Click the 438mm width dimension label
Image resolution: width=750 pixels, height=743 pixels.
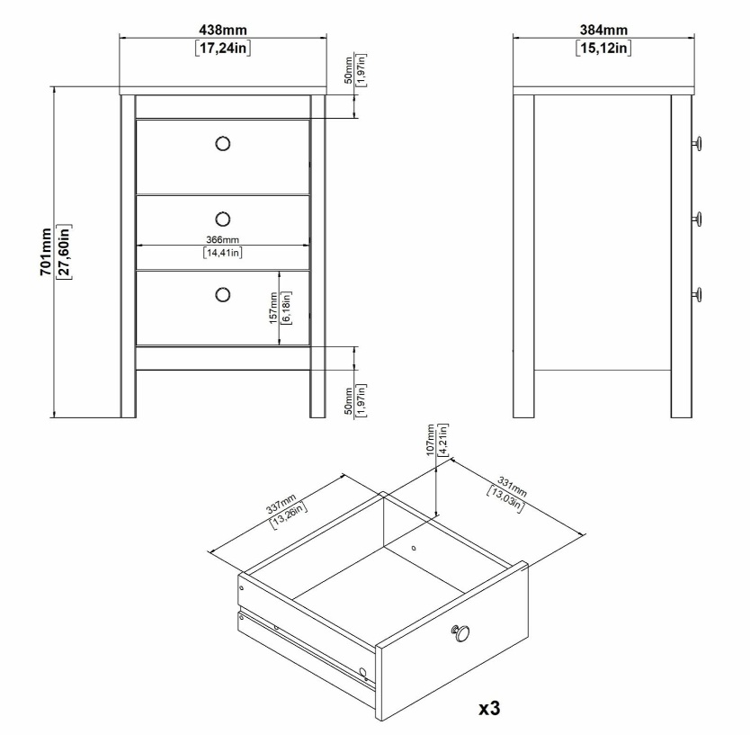pos(223,31)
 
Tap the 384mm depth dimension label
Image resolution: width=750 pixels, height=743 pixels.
pos(603,31)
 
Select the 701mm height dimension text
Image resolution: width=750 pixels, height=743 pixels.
pos(46,252)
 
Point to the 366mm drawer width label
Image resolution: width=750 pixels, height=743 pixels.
pos(222,239)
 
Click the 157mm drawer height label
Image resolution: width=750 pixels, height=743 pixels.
pos(273,309)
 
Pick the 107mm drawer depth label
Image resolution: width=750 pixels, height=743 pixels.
pos(431,440)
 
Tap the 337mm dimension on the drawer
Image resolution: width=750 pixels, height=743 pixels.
pos(281,506)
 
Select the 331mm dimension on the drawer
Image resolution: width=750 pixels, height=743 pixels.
pos(513,487)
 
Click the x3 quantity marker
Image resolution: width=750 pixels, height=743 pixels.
pos(489,708)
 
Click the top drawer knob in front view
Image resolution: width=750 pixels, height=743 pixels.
pos(223,144)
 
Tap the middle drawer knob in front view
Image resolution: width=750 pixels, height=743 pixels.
pos(223,219)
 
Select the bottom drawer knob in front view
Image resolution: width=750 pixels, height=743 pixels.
pos(223,295)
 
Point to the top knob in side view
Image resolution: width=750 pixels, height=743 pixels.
pos(697,144)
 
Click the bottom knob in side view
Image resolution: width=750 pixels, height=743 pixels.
pos(697,295)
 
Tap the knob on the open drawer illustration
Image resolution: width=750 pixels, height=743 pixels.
pos(460,633)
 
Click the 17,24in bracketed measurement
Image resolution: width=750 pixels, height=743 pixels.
pos(223,48)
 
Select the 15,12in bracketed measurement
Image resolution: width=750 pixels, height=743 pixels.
pos(603,48)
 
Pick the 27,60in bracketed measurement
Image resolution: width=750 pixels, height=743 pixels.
pos(64,252)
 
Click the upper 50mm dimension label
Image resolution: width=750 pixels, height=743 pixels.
pos(349,70)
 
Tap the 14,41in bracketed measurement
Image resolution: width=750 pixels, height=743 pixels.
pos(223,253)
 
